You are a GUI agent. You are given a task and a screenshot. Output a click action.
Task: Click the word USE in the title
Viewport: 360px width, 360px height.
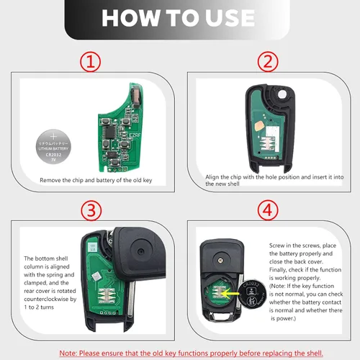[x=230, y=18]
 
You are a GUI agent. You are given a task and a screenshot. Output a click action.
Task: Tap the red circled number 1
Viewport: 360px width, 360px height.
[x=90, y=62]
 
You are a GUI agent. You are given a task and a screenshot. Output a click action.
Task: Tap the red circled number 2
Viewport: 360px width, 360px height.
[x=268, y=62]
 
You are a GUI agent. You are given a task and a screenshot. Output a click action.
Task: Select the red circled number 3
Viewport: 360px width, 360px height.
[x=91, y=211]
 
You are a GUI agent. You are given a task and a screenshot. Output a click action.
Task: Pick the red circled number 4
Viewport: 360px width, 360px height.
[x=268, y=210]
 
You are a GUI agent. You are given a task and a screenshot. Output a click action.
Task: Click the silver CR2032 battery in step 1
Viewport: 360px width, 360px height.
[x=53, y=147]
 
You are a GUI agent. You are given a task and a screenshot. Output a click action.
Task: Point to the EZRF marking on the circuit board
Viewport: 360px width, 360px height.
[x=135, y=135]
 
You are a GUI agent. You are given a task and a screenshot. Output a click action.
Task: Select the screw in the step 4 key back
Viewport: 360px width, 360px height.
[x=220, y=260]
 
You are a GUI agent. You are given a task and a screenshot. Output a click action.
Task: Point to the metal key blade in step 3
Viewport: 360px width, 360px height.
[x=132, y=300]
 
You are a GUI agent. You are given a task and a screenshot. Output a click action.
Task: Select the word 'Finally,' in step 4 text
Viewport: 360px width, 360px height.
[x=278, y=270]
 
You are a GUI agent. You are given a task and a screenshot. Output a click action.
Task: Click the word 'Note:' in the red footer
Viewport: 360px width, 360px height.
[x=68, y=354]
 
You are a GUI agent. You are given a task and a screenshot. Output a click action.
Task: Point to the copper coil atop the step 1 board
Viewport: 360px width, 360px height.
[x=136, y=96]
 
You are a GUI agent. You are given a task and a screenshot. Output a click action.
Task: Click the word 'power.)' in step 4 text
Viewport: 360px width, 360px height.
[x=283, y=318]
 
